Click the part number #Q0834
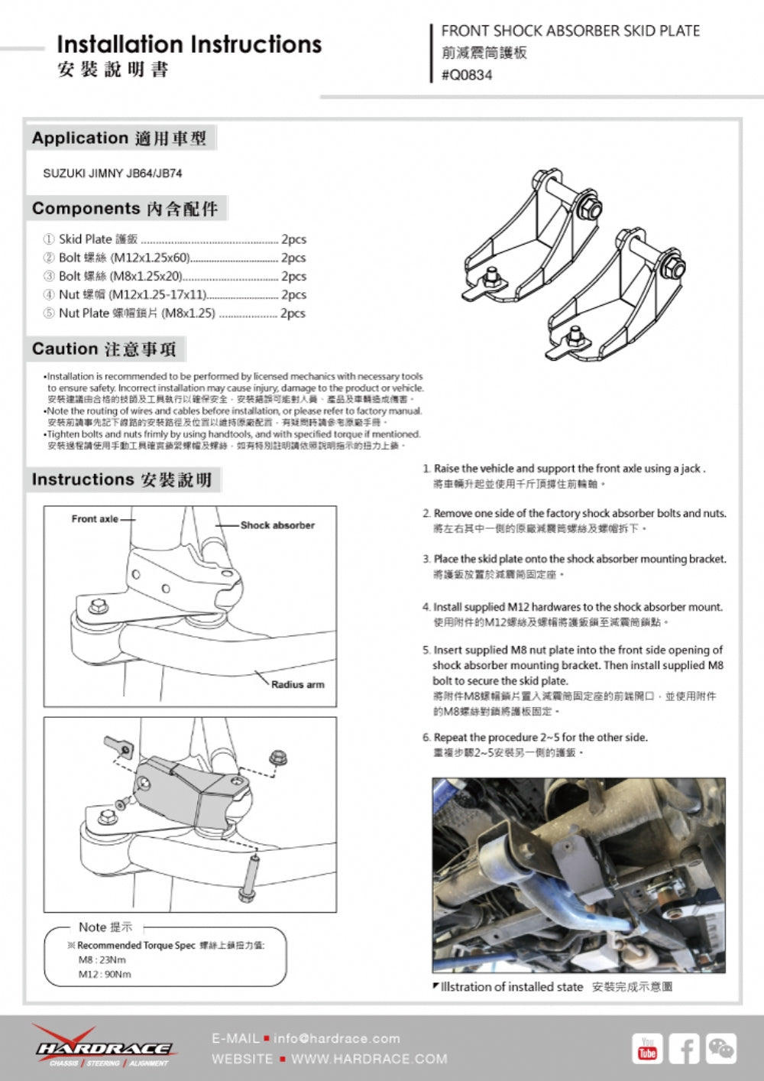pos(467,75)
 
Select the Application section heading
pos(119,138)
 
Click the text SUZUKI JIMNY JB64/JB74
pos(112,174)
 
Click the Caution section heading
pos(104,349)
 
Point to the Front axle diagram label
pos(95,519)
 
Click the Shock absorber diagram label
pos(277,525)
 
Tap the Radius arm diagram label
pos(297,684)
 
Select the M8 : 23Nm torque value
pos(102,959)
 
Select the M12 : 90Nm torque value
pos(105,974)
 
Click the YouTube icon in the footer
pos(647,1049)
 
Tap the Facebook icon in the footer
pos(684,1049)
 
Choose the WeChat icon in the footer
pos(720,1049)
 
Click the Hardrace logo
pos(103,1047)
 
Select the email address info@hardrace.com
pos(336,1038)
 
